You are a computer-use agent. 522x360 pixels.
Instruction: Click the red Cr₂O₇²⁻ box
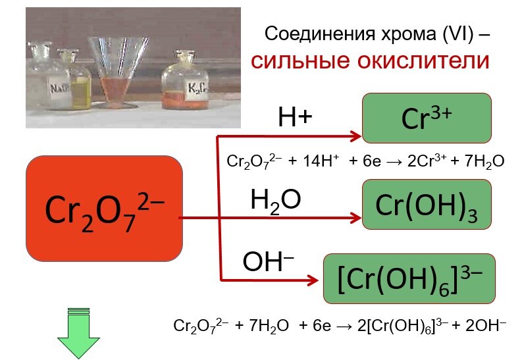coord(104,209)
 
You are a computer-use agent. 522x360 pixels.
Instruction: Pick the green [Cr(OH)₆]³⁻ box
coord(408,278)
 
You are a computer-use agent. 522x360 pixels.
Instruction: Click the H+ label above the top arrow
coord(294,118)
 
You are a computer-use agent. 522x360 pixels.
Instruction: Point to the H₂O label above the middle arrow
coord(275,201)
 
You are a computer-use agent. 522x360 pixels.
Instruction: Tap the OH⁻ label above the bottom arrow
coord(268,262)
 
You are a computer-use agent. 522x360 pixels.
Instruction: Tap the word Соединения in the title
coord(315,33)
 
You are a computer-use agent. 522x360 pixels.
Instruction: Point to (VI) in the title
coord(455,33)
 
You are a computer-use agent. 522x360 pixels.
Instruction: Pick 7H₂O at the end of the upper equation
coord(483,161)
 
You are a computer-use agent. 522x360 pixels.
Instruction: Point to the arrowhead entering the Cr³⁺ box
coord(357,136)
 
